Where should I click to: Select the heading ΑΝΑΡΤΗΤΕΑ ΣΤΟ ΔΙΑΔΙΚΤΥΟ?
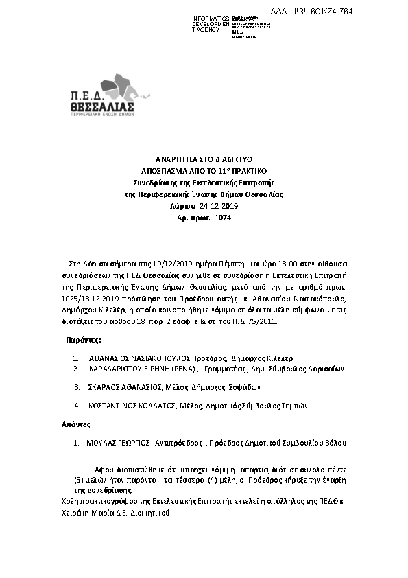pos(204,158)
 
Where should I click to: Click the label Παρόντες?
pos(84,339)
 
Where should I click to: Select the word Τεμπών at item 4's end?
pos(294,406)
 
